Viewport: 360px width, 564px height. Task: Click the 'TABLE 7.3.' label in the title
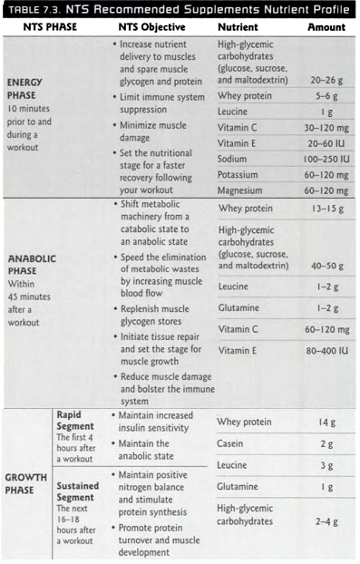pos(35,11)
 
